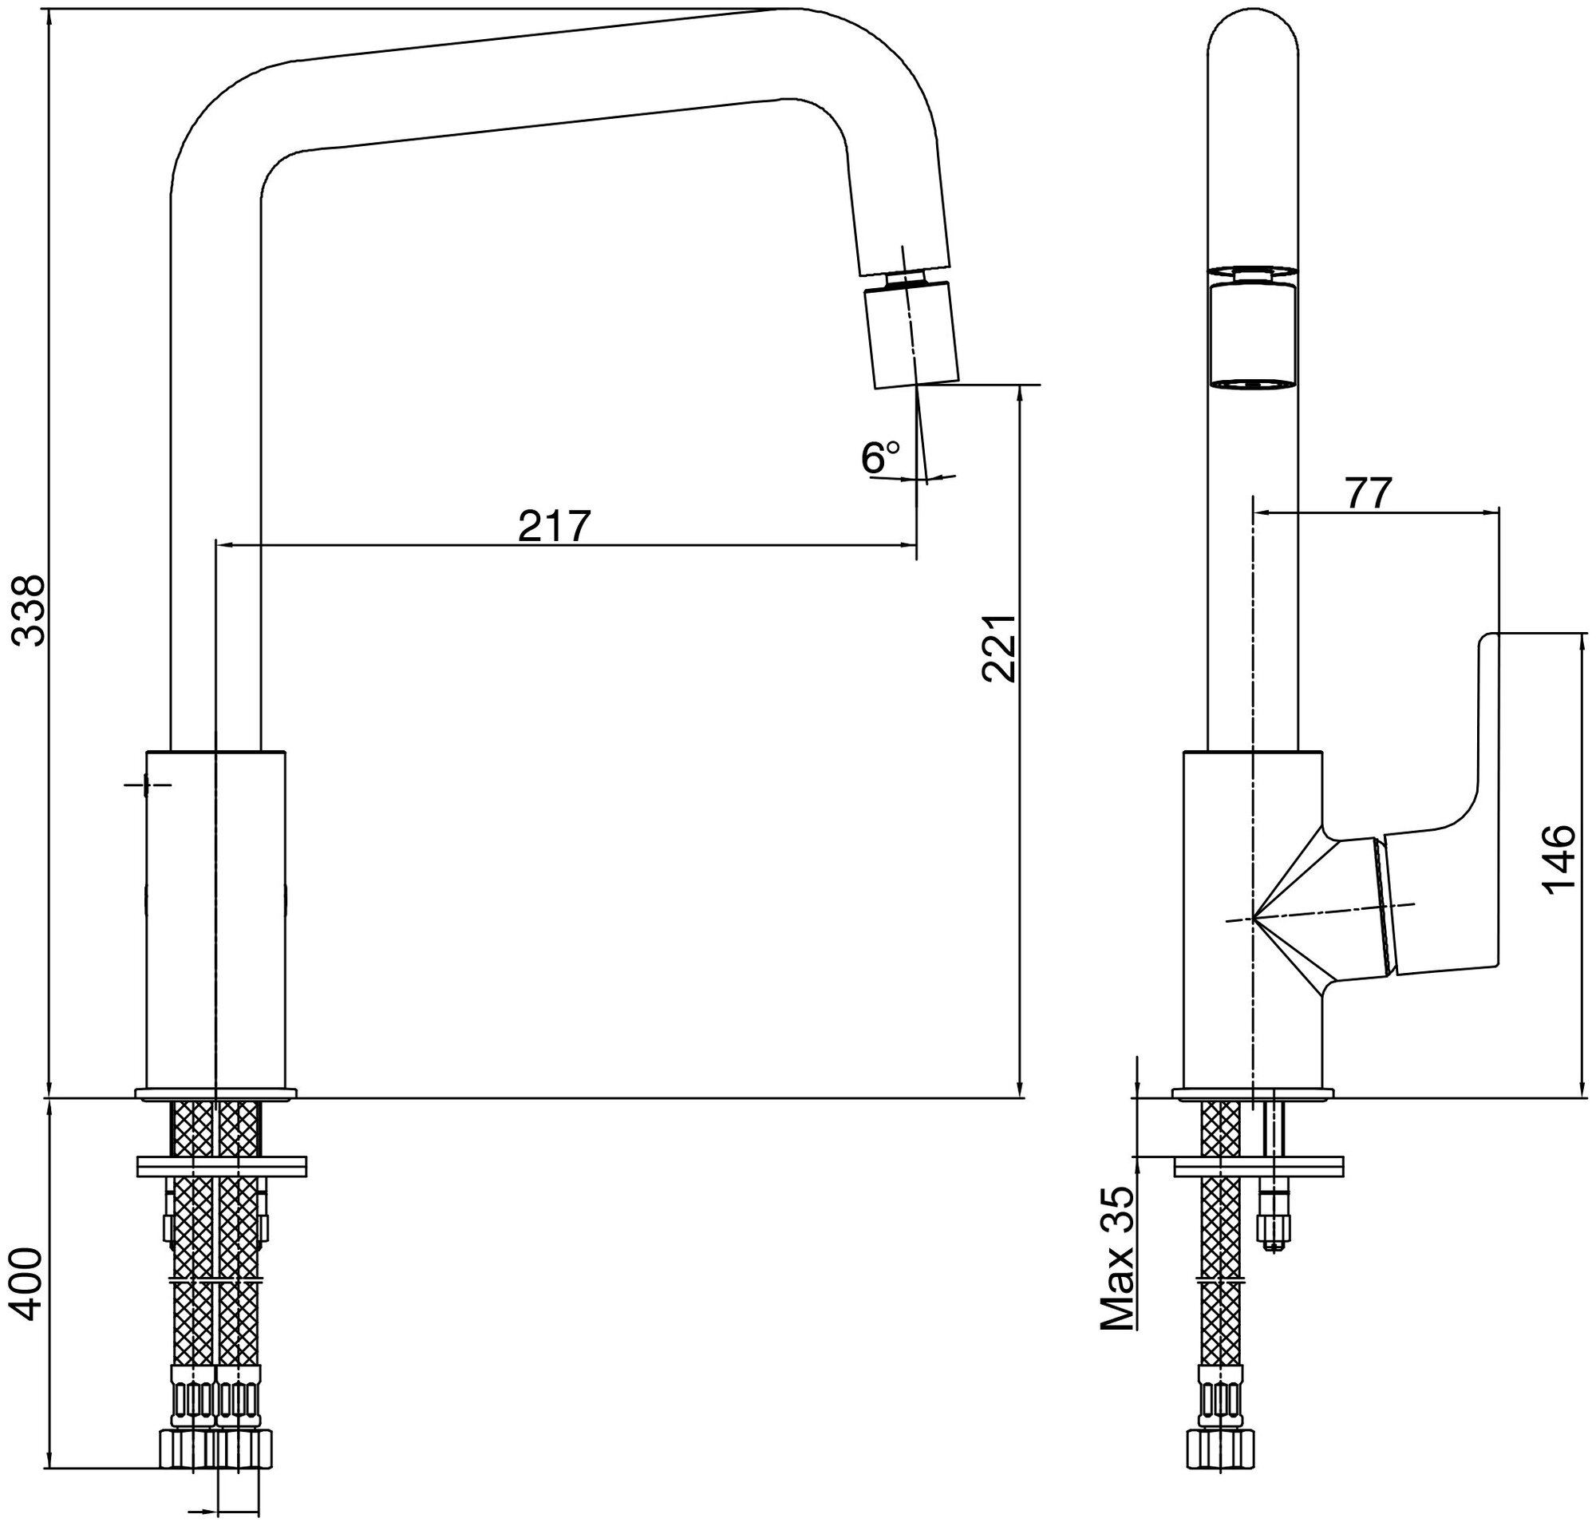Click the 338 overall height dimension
click(x=31, y=609)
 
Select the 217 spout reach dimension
click(x=553, y=526)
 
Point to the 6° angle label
click(x=880, y=458)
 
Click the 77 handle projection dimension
click(x=1369, y=494)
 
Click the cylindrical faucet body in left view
click(x=215, y=919)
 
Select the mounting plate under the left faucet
click(x=221, y=1165)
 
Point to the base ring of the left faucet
click(x=216, y=1094)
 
